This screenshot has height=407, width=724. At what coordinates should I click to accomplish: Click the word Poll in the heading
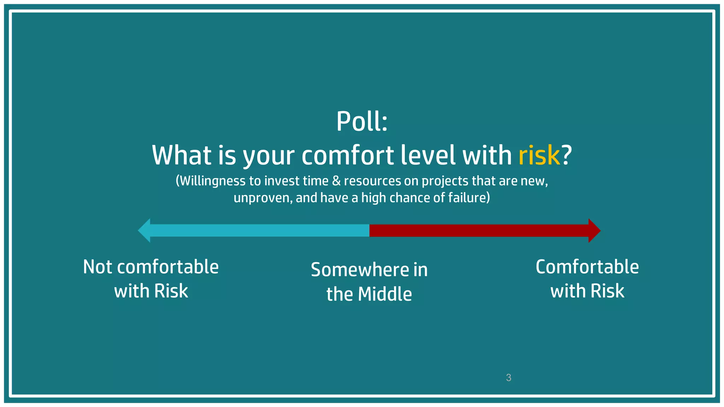coord(357,122)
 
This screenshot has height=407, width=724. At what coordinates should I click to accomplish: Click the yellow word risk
coord(539,155)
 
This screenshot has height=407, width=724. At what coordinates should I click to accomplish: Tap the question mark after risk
coord(567,155)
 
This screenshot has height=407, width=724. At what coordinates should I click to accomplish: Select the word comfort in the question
coord(348,155)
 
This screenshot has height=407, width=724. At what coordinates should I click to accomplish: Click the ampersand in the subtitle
coord(336,181)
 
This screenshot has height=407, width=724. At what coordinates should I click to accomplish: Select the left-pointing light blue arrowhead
coord(145,230)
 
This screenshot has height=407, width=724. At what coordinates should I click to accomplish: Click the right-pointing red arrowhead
coord(594,230)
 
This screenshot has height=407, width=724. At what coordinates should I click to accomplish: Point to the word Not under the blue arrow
coord(98,267)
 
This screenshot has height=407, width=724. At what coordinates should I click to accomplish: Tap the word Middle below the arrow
coord(385,294)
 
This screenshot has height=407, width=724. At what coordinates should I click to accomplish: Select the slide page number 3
coord(509,378)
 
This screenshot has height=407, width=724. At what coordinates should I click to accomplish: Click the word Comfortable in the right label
coord(587,267)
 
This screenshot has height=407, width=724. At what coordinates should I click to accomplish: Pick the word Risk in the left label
coord(171,291)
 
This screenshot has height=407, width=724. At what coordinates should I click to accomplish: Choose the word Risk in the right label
coord(607,291)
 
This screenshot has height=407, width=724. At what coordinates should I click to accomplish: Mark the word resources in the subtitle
coord(373,181)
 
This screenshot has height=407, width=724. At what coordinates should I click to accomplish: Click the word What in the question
coord(182,155)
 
